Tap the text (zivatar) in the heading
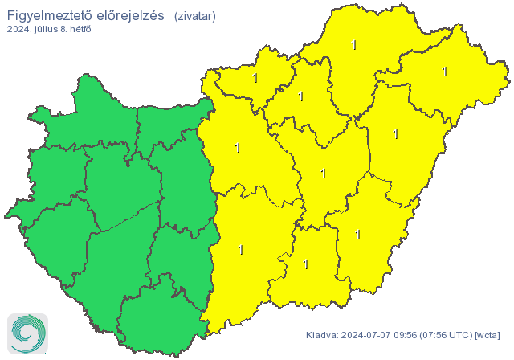pyautogui.click(x=194, y=15)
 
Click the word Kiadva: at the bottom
pyautogui.click(x=322, y=335)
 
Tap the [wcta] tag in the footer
pyautogui.click(x=487, y=335)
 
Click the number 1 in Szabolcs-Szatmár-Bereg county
pyautogui.click(x=444, y=72)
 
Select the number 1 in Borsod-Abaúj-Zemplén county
pyautogui.click(x=354, y=45)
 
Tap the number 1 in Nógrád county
pyautogui.click(x=255, y=78)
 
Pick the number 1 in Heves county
pyautogui.click(x=301, y=96)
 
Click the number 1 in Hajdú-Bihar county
pyautogui.click(x=395, y=134)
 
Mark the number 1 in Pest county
pyautogui.click(x=236, y=148)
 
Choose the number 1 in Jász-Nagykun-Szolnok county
pyautogui.click(x=323, y=173)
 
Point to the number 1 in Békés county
pyautogui.click(x=357, y=235)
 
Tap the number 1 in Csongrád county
pyautogui.click(x=305, y=263)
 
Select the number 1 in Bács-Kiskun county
pyautogui.click(x=240, y=250)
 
